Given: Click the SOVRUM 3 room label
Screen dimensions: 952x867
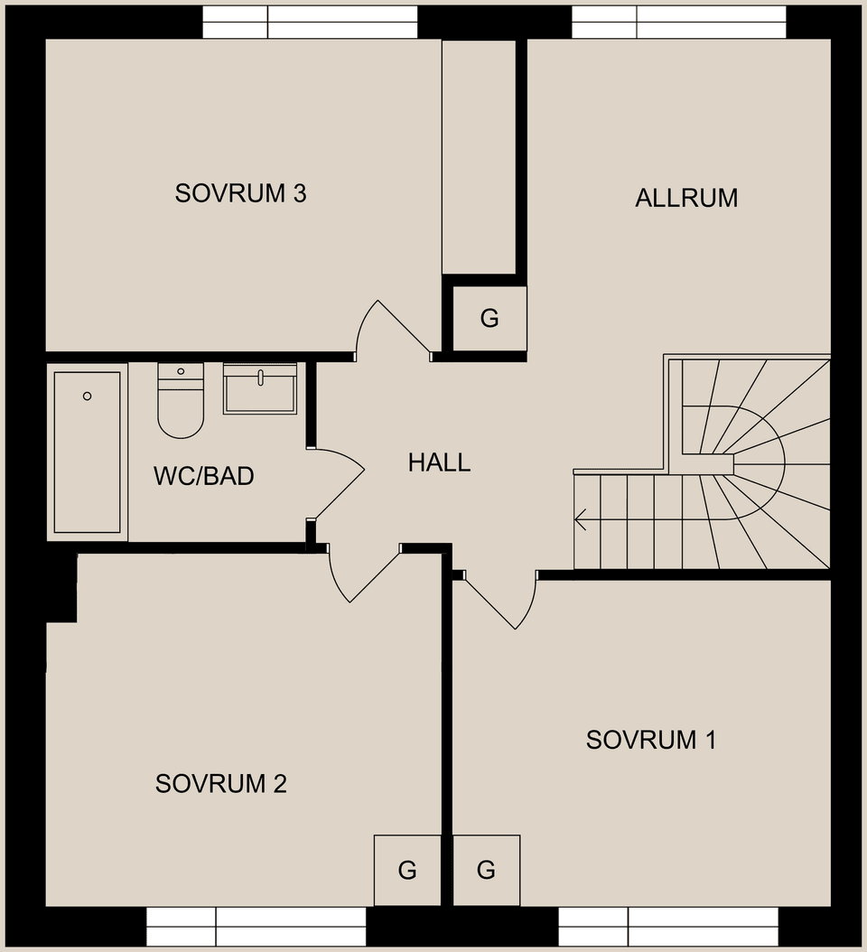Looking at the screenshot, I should pyautogui.click(x=241, y=193).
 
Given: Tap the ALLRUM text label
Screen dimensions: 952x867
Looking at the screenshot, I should pyautogui.click(x=686, y=198).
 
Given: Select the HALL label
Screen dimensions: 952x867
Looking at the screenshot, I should pyautogui.click(x=439, y=462).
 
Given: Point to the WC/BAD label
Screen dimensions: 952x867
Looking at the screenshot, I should pyautogui.click(x=203, y=476).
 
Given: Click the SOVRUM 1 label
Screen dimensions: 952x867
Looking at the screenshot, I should pyautogui.click(x=650, y=740).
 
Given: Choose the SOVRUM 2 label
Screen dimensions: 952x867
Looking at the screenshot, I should pyautogui.click(x=220, y=783).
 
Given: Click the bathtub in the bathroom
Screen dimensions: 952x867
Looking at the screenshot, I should pyautogui.click(x=87, y=452).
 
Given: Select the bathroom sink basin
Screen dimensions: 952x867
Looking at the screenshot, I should pyautogui.click(x=260, y=389).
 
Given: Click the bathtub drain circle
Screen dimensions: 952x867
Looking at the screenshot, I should pyautogui.click(x=88, y=396).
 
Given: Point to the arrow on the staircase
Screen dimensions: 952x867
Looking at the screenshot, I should pyautogui.click(x=581, y=519).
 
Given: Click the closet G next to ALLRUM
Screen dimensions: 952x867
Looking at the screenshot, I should pyautogui.click(x=489, y=318).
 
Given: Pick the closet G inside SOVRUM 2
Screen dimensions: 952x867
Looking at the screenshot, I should pyautogui.click(x=407, y=870).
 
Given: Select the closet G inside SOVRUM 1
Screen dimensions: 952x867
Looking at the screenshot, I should pyautogui.click(x=486, y=870).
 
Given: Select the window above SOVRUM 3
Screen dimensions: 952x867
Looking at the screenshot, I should pyautogui.click(x=310, y=22).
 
